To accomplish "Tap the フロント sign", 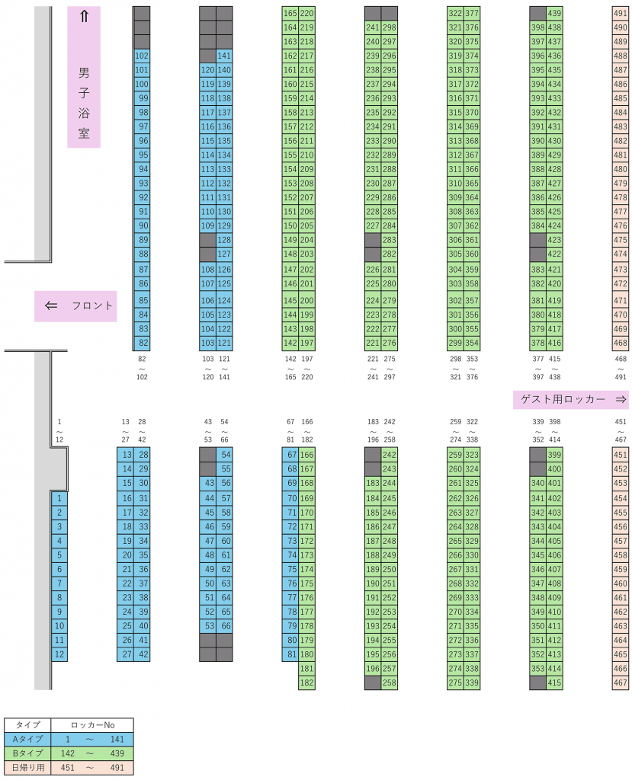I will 75,305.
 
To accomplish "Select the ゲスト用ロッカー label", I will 570,399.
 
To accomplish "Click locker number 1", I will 59,498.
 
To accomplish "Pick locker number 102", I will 142,56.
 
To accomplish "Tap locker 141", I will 224,56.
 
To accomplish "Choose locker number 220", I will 306,13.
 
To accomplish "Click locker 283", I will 389,240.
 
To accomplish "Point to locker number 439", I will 554,13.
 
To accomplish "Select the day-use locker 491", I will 621,13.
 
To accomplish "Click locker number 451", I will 621,455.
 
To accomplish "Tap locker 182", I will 306,682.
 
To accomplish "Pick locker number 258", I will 389,682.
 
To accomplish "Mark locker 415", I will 554,682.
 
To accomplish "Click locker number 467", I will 621,682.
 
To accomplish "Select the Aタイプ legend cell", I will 27,739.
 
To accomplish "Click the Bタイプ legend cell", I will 27,753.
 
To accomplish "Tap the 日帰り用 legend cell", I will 27,767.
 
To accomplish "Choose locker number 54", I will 224,455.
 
